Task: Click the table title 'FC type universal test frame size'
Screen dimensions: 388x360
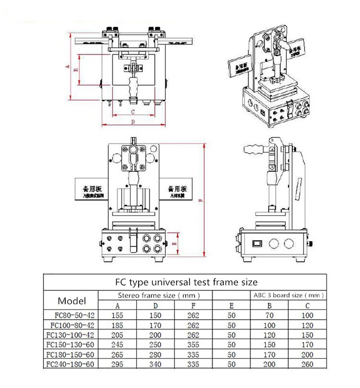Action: coord(186,281)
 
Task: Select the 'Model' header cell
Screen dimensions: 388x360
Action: coord(72,301)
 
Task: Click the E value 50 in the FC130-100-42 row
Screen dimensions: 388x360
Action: coord(231,335)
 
